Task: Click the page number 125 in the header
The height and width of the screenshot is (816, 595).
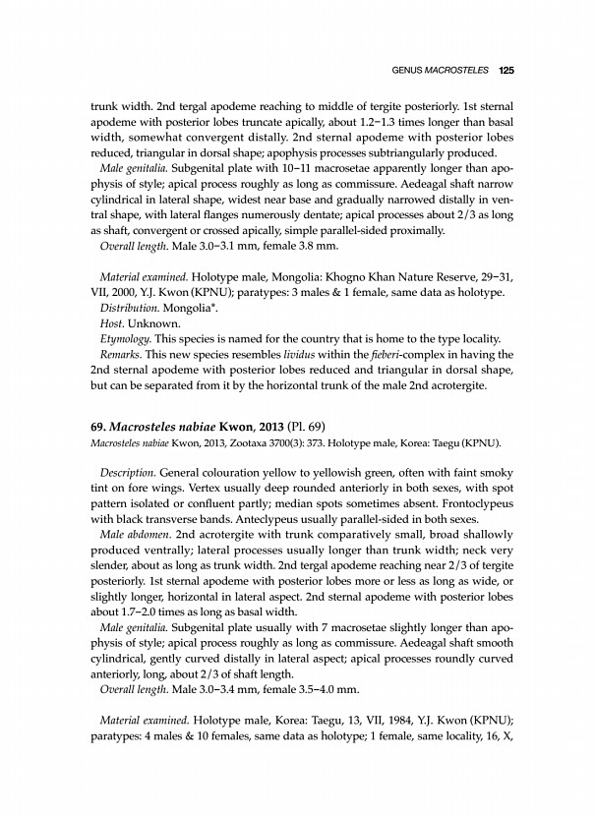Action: click(x=507, y=70)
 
